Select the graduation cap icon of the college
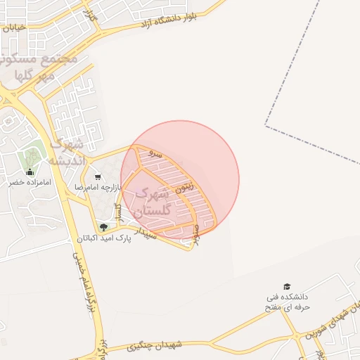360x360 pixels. tap(286, 286)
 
